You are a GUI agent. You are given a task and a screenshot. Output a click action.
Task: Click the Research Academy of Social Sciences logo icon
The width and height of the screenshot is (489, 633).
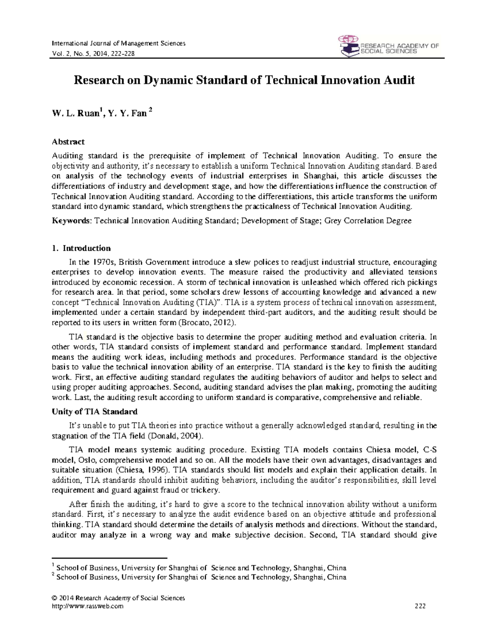point(347,46)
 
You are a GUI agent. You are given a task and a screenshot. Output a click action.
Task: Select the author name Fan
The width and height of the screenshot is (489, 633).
point(138,114)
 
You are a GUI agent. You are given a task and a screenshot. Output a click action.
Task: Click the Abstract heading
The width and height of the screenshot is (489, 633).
point(68,142)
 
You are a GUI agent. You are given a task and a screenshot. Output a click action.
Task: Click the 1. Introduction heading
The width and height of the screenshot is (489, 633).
point(81,248)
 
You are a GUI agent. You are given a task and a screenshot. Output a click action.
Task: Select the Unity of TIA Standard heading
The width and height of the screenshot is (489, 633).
point(95,411)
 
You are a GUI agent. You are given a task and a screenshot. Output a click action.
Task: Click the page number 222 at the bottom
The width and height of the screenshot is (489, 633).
point(420,606)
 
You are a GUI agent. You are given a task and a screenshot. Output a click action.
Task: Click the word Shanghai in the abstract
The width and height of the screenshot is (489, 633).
point(320,176)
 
